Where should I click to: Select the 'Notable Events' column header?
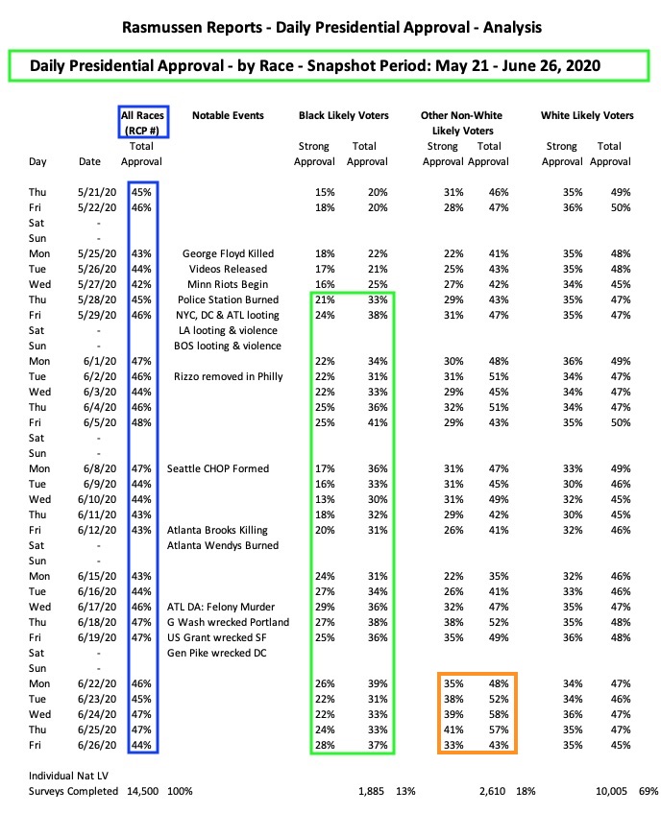pyautogui.click(x=221, y=116)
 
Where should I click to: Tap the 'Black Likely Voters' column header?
pyautogui.click(x=342, y=116)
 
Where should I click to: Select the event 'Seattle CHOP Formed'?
pyautogui.click(x=218, y=468)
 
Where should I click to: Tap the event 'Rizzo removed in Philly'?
pyautogui.click(x=229, y=376)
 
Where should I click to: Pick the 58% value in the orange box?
pyautogui.click(x=490, y=714)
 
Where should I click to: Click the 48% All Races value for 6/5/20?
pyautogui.click(x=141, y=422)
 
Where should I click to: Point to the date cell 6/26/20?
pyautogui.click(x=95, y=745)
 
